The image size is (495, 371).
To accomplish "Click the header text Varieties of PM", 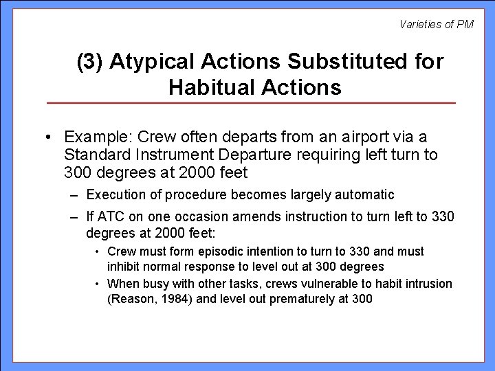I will coord(437,25).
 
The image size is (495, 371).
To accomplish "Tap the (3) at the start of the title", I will coord(90,63).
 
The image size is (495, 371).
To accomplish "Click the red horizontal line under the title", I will coord(251,103).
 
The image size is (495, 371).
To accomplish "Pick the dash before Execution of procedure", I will coord(74,195).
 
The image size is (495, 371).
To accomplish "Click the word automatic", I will coord(364,195).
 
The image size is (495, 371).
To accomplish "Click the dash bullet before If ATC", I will coord(74,217).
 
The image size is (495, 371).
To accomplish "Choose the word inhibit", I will coord(124,266).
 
